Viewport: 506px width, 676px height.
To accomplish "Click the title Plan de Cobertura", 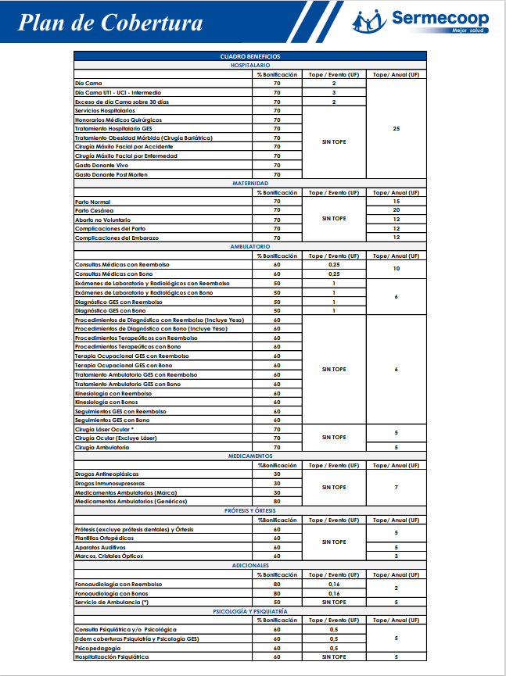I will [x=110, y=23].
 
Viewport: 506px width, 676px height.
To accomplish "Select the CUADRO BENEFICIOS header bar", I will [x=250, y=56].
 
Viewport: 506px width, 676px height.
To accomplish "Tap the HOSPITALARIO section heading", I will [x=250, y=65].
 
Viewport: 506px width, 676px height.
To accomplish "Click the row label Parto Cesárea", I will [x=94, y=210].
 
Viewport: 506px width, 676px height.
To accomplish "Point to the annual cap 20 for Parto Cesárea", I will [x=396, y=210].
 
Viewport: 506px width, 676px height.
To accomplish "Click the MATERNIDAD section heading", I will [x=250, y=183].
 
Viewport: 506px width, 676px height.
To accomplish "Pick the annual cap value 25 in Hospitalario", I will [x=396, y=128].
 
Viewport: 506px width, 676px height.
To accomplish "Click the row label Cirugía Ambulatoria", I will [x=102, y=447].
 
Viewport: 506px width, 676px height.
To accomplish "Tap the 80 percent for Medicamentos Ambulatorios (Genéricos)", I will [x=277, y=501].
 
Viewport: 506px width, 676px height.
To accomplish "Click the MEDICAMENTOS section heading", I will [x=250, y=456].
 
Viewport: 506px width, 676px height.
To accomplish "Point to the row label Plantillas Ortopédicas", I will [x=104, y=538].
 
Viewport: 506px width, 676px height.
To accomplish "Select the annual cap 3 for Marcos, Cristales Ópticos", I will [x=396, y=556].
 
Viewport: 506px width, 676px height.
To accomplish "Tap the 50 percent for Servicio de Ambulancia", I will [x=277, y=602].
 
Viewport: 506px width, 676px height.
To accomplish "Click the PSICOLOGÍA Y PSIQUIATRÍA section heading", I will [x=250, y=610].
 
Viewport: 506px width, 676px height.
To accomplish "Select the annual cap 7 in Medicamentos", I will [x=396, y=488].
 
